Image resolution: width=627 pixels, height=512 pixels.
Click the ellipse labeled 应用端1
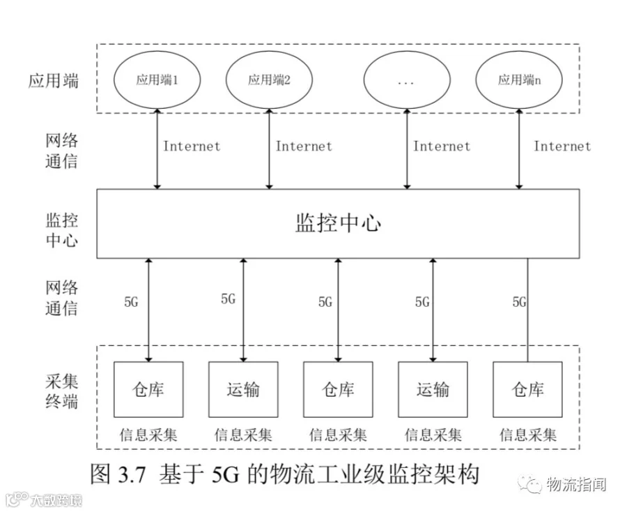tap(157, 80)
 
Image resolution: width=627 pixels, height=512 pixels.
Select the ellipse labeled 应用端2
tap(269, 80)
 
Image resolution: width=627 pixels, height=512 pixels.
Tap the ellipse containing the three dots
tap(406, 80)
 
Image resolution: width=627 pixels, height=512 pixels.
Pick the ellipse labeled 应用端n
tap(519, 80)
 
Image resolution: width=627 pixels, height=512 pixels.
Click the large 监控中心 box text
tap(339, 223)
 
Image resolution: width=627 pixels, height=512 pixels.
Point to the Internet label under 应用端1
tap(192, 146)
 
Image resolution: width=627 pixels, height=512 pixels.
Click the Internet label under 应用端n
tap(562, 146)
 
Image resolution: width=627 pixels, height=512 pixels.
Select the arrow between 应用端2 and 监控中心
tap(269, 149)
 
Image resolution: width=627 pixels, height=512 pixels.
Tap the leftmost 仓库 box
tap(148, 389)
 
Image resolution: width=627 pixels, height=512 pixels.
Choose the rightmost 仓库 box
tap(527, 389)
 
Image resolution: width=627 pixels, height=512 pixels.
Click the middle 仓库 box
tap(338, 389)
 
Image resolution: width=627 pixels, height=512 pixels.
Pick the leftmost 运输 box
tap(243, 389)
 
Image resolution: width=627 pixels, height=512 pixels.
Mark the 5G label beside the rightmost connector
tap(519, 302)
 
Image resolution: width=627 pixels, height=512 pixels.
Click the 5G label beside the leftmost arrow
tap(131, 302)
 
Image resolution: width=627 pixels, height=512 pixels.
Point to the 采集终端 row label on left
tap(62, 391)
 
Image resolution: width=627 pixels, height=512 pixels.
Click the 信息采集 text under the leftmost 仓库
tap(148, 435)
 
